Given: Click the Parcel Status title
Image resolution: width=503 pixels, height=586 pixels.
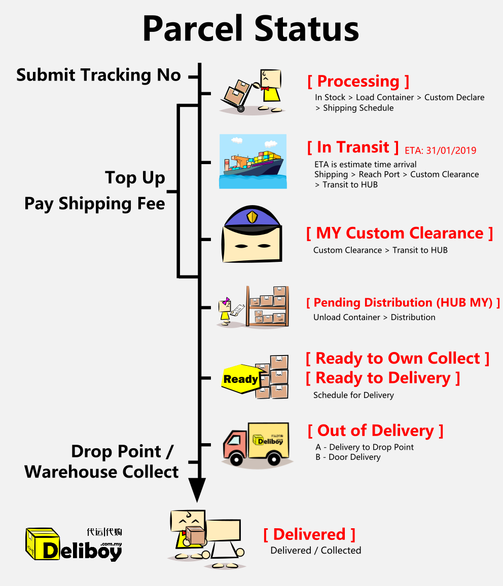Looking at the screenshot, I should click(251, 28).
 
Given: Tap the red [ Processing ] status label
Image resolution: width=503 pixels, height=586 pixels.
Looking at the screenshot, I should click(358, 81).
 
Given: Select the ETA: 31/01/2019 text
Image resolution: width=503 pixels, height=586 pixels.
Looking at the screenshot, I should click(441, 150).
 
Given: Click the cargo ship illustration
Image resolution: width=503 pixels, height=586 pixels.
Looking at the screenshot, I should click(253, 162).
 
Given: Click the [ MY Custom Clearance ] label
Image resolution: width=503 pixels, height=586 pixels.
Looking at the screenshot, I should click(400, 233).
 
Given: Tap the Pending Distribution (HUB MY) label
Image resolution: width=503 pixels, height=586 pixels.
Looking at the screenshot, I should click(403, 303).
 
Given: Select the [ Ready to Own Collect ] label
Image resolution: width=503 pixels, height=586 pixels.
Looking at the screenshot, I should click(398, 359).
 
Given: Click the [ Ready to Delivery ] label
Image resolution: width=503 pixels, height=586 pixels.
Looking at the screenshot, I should click(383, 378).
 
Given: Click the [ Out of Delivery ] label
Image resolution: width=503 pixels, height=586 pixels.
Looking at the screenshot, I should click(375, 431).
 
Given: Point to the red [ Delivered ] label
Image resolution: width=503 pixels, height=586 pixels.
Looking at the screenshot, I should click(309, 534).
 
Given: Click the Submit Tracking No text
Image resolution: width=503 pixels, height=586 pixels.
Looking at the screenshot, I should click(98, 75).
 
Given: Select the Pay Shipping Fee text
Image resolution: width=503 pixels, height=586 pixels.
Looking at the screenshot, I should click(95, 204).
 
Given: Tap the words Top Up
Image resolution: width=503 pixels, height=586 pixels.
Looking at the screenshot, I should click(135, 178).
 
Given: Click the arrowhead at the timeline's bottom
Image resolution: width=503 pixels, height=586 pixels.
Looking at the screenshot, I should click(200, 490).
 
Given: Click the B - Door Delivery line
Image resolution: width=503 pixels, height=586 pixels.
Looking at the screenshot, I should click(348, 457).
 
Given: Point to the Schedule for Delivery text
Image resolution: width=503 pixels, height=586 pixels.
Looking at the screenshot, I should click(353, 395).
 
